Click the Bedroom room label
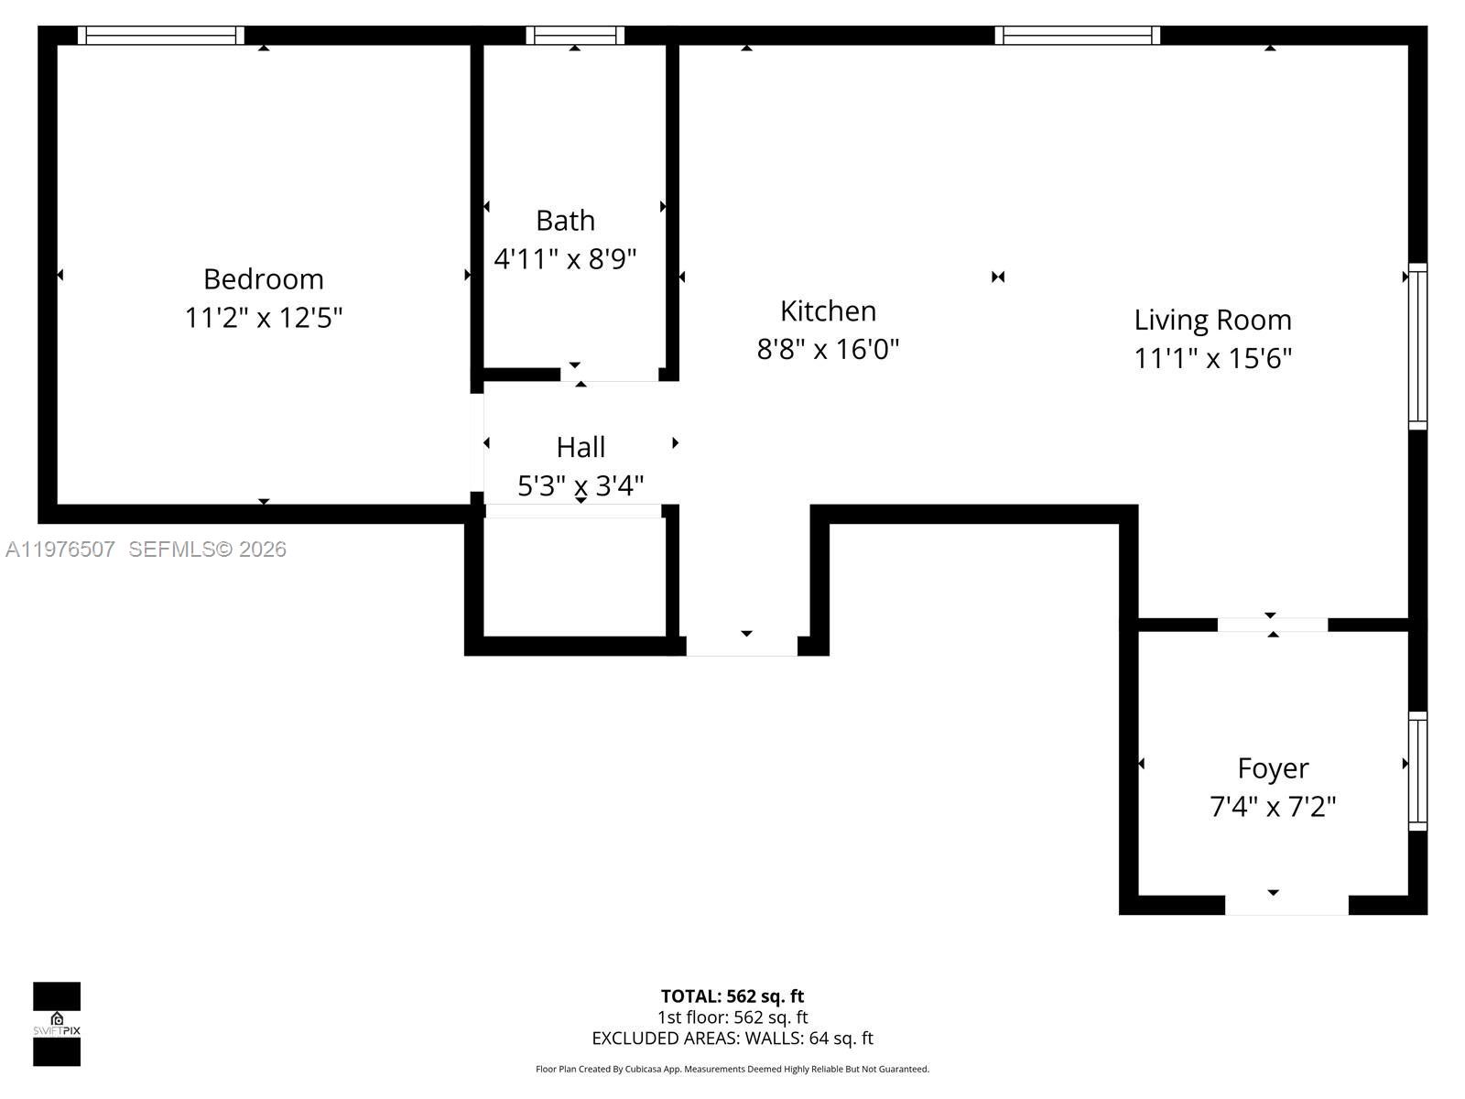coord(264,278)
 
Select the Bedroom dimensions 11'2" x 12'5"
coord(264,318)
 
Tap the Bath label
coord(565,221)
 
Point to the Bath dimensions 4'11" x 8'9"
coord(565,259)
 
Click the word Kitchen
coord(828,311)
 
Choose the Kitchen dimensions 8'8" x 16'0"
coord(828,349)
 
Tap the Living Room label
coord(1212,320)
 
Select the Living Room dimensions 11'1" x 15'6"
coord(1212,358)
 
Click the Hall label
coord(581,447)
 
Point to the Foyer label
coord(1273,767)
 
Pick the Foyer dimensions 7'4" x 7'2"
coord(1273,807)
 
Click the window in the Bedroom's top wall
coord(160,36)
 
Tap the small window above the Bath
coord(575,36)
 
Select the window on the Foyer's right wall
coord(1417,771)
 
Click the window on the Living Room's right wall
coord(1417,346)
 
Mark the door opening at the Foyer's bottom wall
coord(1286,905)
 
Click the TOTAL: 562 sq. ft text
coord(732,996)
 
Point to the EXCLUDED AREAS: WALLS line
coord(732,1038)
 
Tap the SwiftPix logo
coord(57,1024)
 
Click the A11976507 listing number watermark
coord(60,549)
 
